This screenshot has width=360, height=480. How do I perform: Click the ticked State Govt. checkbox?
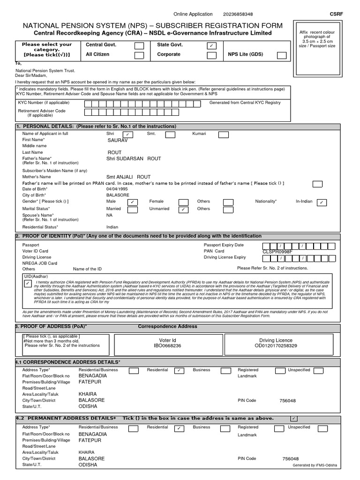click(x=211, y=45)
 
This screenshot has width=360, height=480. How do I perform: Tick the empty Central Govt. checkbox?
click(x=139, y=45)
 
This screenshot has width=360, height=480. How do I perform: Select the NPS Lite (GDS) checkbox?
click(x=282, y=55)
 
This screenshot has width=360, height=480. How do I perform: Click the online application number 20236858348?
click(x=238, y=15)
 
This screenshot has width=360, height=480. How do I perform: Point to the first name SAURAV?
click(x=117, y=140)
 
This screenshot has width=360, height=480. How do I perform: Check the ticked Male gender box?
click(x=133, y=202)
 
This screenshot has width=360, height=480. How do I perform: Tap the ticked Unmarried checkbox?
click(x=183, y=210)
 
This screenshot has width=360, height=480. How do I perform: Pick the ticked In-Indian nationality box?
click(x=322, y=202)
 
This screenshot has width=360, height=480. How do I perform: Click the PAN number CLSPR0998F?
click(x=277, y=252)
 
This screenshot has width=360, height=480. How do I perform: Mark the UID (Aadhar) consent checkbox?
click(x=28, y=284)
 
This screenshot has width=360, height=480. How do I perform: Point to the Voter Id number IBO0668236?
click(x=167, y=345)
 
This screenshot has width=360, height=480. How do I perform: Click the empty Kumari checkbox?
click(x=224, y=135)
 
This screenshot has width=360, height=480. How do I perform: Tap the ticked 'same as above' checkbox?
click(x=293, y=418)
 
